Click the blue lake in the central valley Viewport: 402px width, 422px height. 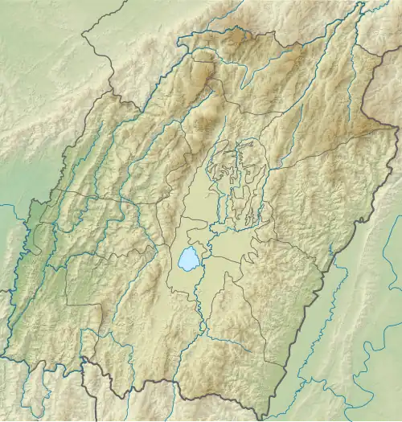click(x=188, y=259)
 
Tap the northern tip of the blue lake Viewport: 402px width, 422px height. click(x=191, y=248)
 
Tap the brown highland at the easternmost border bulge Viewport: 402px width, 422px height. click(x=378, y=121)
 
